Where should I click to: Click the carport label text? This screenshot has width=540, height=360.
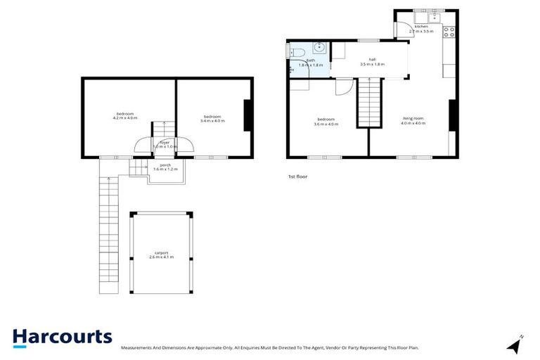click(161, 253)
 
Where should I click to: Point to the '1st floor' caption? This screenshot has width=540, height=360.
click(297, 176)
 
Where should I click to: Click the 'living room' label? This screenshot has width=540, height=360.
click(413, 119)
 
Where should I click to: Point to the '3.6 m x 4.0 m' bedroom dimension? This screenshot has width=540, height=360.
click(326, 124)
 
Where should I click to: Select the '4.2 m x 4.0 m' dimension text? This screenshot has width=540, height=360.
click(125, 118)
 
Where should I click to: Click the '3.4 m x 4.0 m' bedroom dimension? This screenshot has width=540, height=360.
click(212, 121)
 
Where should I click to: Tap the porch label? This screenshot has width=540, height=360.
click(165, 166)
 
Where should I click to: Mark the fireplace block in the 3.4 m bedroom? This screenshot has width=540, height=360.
click(247, 116)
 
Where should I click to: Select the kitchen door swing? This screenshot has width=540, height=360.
click(402, 29)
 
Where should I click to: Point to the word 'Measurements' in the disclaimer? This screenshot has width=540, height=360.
click(137, 348)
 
